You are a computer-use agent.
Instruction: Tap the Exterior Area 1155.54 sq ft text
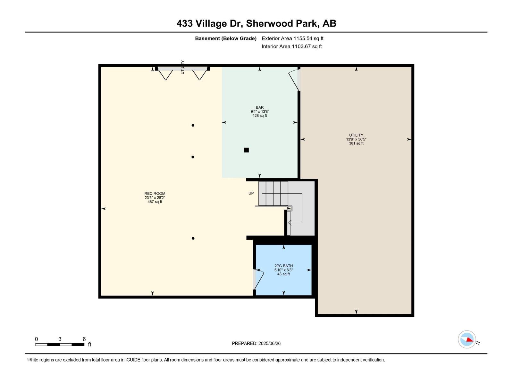tap(292, 38)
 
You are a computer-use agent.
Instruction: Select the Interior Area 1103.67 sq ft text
tap(291, 47)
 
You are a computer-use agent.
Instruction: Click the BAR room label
tap(260, 107)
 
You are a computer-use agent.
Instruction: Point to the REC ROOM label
tap(155, 193)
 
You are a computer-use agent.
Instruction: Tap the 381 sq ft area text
tap(356, 143)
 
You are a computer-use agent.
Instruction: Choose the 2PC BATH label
tap(283, 266)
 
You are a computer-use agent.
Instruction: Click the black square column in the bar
tap(246, 150)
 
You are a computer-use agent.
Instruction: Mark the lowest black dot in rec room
tap(193, 238)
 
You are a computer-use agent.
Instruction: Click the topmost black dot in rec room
tap(193, 125)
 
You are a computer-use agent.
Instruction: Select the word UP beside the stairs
tap(251, 193)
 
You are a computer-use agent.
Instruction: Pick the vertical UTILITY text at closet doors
tap(182, 67)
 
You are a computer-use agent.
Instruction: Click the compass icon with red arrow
tap(467, 339)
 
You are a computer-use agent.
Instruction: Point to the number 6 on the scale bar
tap(84, 339)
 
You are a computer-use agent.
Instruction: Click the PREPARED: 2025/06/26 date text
tap(256, 343)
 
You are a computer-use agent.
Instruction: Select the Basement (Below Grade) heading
tap(226, 38)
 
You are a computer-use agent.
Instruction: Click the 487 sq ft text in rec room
tap(155, 202)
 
